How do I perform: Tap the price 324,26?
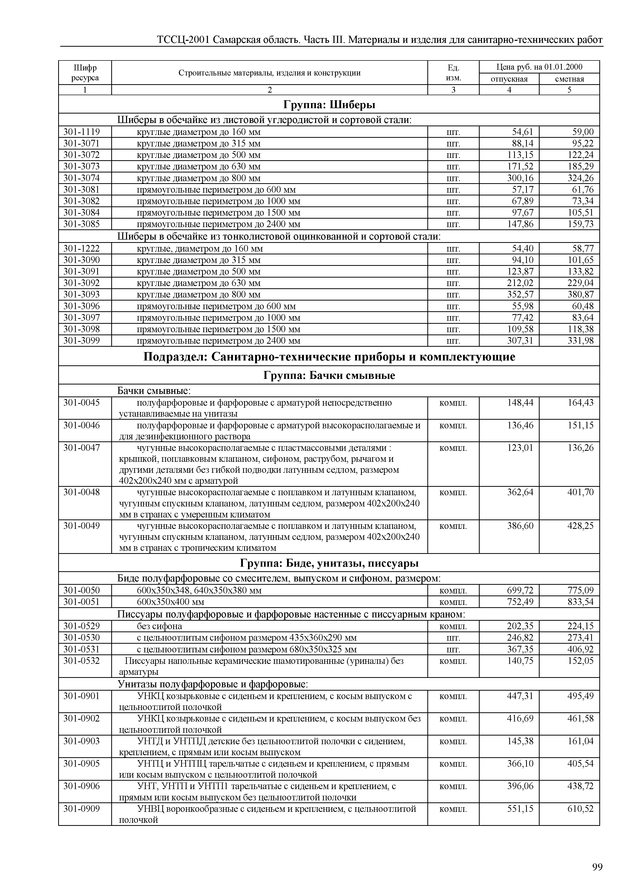580,178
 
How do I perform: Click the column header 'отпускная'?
509,79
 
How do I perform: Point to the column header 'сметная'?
569,79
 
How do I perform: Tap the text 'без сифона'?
159,626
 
